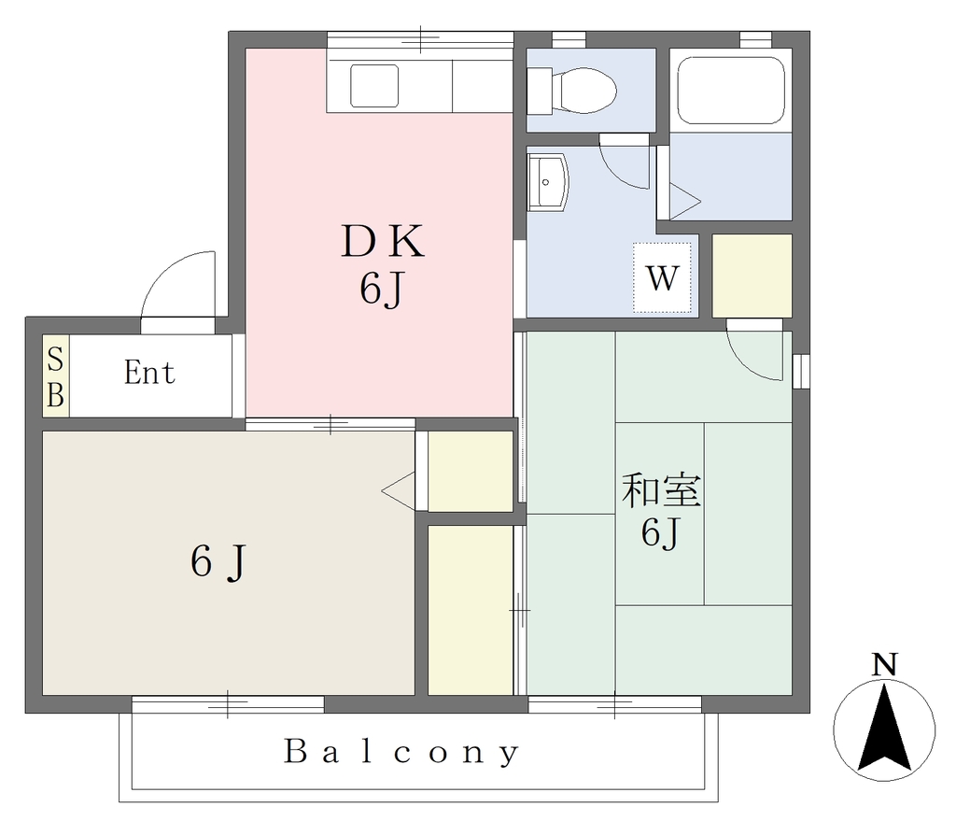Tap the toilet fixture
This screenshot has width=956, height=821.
[x=571, y=91]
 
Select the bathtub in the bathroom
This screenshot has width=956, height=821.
[x=730, y=91]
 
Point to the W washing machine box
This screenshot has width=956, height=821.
[x=662, y=277]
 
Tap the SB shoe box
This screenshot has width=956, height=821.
[x=55, y=376]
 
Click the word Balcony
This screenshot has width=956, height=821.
[x=401, y=752]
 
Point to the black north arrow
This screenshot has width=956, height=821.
[x=884, y=727]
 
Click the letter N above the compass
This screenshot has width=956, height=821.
[x=885, y=664]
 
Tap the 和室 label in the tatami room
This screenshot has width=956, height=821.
[x=662, y=490]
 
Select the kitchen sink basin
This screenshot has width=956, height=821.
[x=374, y=86]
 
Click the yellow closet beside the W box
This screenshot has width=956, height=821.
[x=752, y=276]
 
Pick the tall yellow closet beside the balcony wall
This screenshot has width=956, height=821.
[x=471, y=610]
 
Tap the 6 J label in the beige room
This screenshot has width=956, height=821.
[x=218, y=560]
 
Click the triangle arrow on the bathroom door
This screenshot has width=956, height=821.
[x=685, y=202]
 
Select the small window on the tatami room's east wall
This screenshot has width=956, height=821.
[x=801, y=370]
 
